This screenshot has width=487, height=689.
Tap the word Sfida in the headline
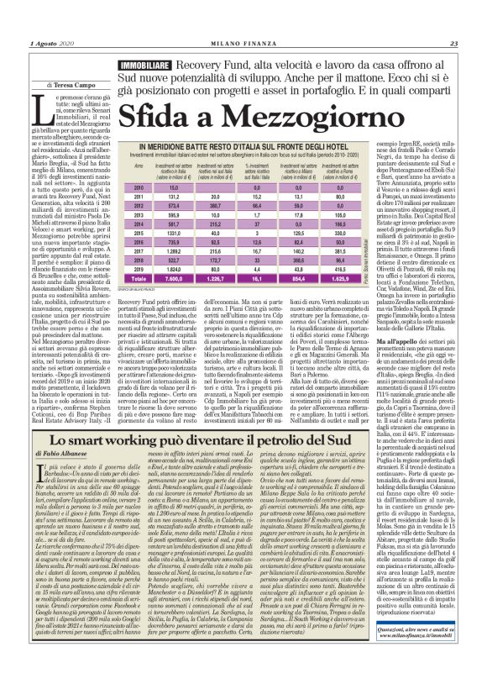click(154, 113)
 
